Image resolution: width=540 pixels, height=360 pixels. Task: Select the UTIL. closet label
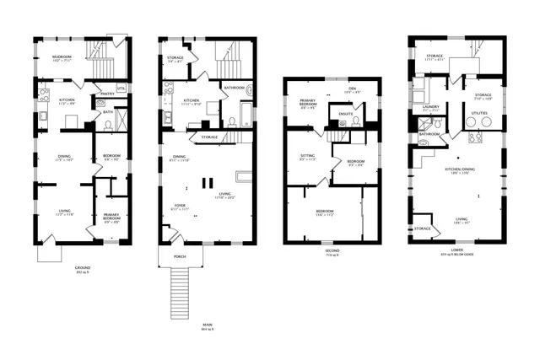(121, 88)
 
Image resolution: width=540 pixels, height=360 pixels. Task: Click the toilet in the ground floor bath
(107, 124)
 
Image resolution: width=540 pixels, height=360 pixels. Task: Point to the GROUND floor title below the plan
(82, 268)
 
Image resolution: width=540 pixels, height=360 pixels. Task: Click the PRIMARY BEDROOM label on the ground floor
(111, 218)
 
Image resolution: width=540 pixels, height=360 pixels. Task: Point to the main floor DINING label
(179, 158)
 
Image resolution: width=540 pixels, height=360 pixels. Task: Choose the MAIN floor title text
(207, 325)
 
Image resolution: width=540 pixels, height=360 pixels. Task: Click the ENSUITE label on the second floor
(346, 114)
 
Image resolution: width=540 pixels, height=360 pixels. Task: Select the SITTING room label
(307, 157)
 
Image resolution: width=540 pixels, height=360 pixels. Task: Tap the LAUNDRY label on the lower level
(429, 108)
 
